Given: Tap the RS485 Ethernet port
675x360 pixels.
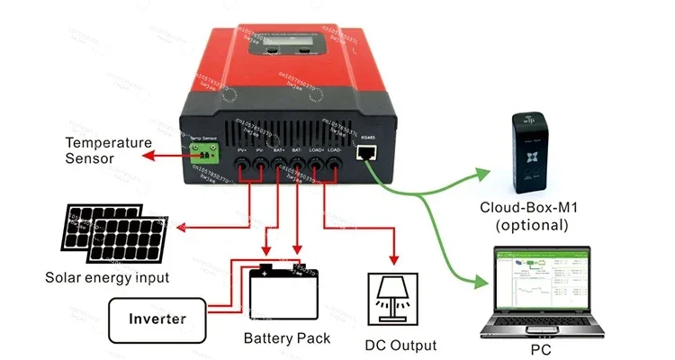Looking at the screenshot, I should [x=366, y=154].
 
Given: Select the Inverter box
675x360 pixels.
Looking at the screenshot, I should [x=157, y=319].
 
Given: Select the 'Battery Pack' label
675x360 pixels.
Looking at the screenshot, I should [x=287, y=339].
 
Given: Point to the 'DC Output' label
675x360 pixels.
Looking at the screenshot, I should [x=400, y=345].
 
